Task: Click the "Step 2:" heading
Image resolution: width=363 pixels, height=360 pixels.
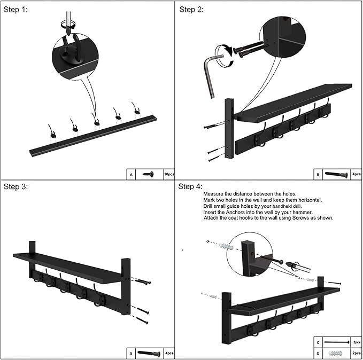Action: tap(191, 9)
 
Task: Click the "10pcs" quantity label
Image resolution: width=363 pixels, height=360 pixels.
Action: tap(168, 174)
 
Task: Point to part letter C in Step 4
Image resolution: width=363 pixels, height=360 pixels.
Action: tap(319, 342)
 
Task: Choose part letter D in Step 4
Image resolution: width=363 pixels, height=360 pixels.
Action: tap(319, 353)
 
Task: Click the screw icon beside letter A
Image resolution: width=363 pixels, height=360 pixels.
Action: tap(148, 174)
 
